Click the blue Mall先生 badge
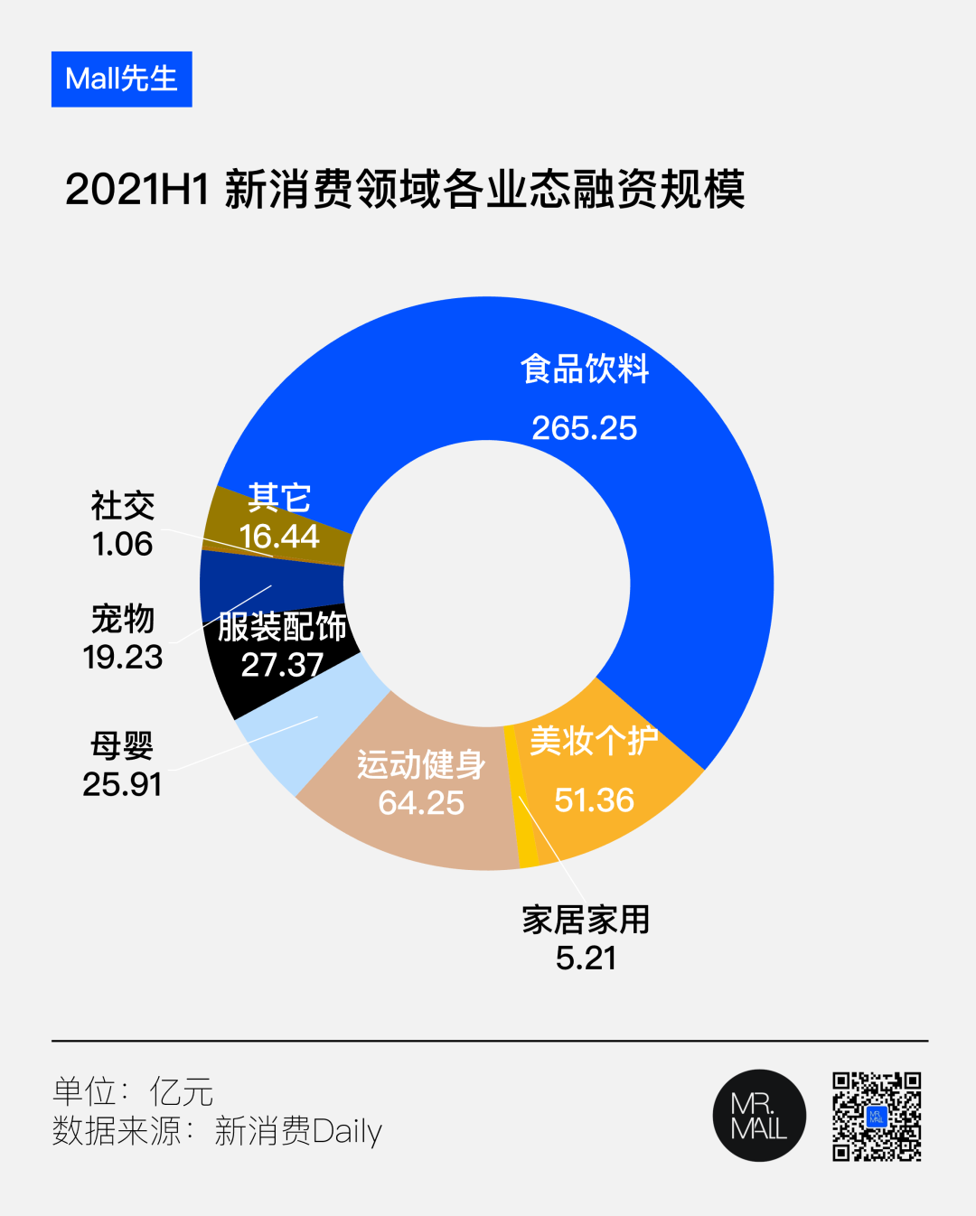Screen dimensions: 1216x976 coord(122,80)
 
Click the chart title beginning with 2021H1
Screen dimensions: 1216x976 coord(405,190)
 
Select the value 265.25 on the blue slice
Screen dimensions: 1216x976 coord(584,428)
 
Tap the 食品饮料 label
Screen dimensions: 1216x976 coord(585,369)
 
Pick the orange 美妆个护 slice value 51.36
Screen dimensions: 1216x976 coord(594,800)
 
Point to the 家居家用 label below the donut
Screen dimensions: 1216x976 coord(586,920)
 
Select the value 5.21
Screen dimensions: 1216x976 coord(586,958)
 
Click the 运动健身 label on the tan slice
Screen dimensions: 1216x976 coord(421,764)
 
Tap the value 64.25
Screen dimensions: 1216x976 coord(421,803)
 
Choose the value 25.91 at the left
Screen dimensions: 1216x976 coord(122,784)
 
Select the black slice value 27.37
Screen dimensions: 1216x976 coord(282,665)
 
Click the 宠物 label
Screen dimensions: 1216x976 coord(123,619)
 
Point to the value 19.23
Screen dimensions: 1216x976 coord(123,657)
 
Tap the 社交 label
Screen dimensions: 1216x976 coord(123,505)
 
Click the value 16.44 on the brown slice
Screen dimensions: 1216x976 coord(279,537)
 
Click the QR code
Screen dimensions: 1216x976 coord(877,1117)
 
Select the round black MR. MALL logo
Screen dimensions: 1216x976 coord(759,1116)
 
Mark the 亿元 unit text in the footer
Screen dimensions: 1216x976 coord(182,1091)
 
